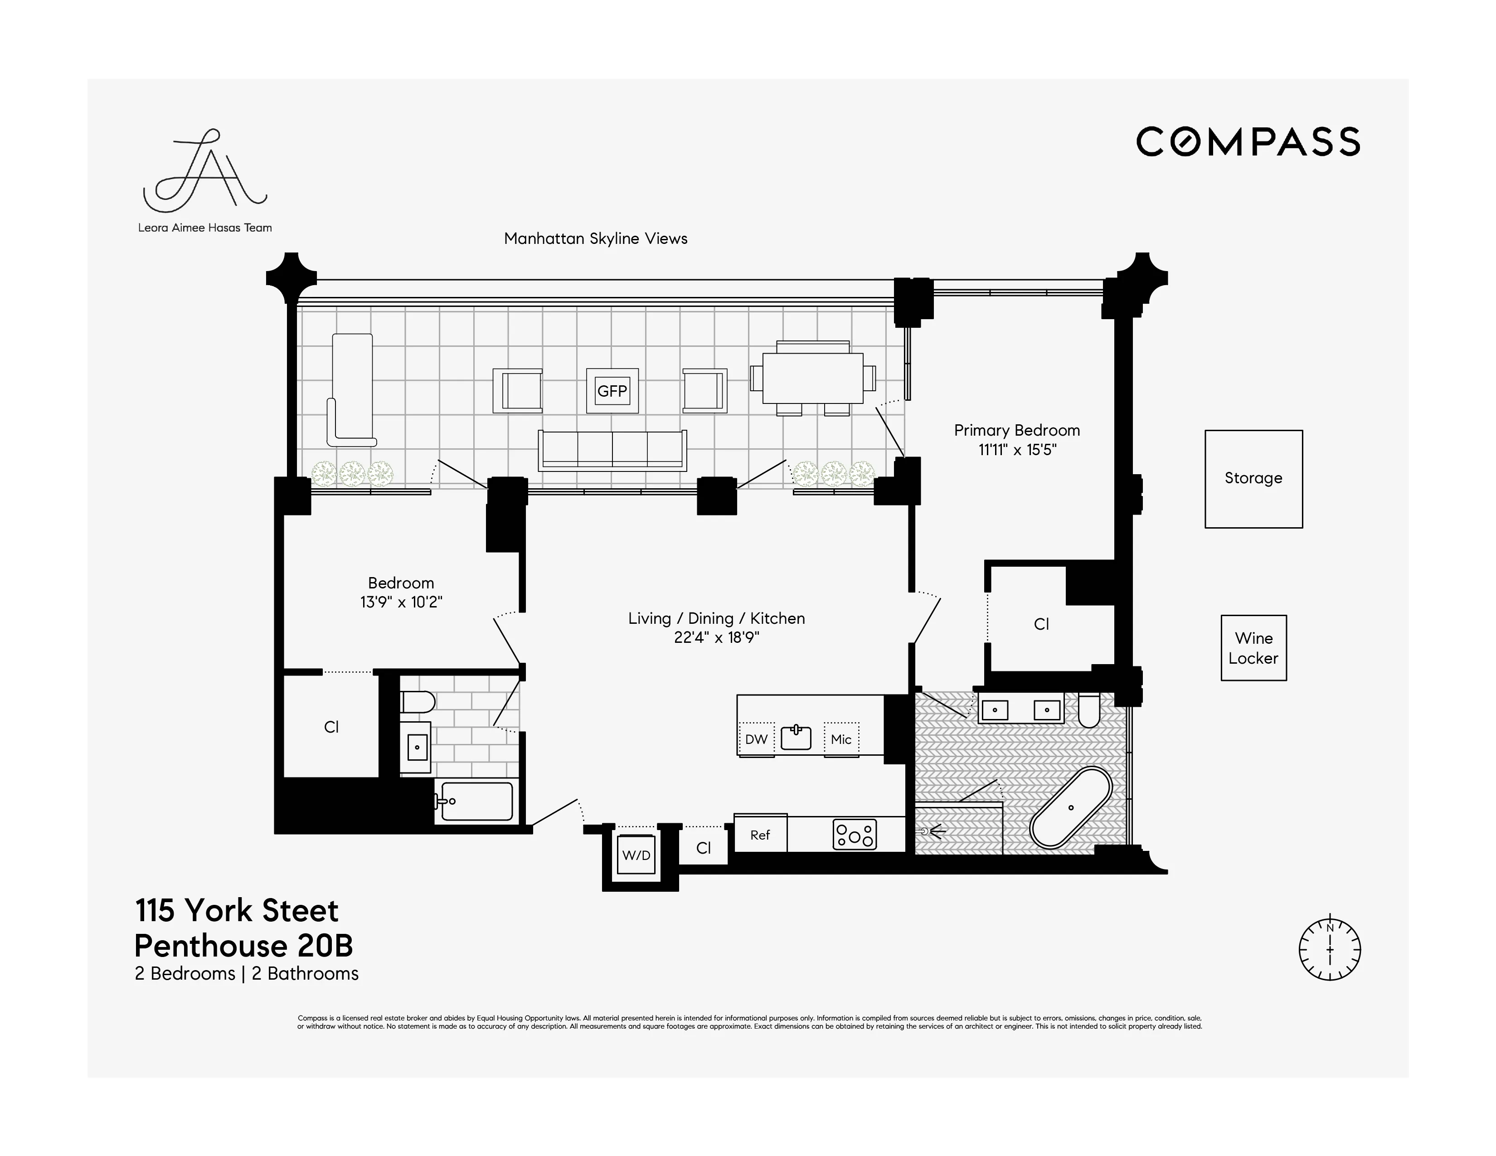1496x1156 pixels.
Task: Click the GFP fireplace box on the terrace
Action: (612, 391)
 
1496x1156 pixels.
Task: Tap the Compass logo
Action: (1248, 142)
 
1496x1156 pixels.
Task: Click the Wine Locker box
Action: (1253, 648)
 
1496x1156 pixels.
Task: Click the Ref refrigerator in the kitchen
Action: (760, 834)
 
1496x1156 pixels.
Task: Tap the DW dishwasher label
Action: (756, 739)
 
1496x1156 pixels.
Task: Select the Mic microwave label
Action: (841, 739)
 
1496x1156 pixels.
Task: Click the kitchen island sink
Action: (796, 737)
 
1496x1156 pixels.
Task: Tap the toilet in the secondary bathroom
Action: (417, 702)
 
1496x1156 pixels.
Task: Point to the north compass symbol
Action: (1330, 950)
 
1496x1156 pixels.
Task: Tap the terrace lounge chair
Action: (353, 389)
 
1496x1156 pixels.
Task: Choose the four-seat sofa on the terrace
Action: (612, 450)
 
